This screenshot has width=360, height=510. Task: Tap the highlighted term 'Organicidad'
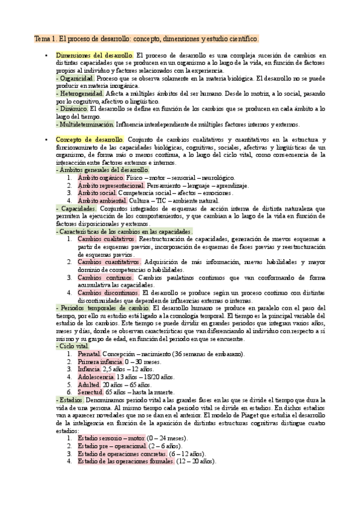75,78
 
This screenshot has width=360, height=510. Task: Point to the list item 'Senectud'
91,392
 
